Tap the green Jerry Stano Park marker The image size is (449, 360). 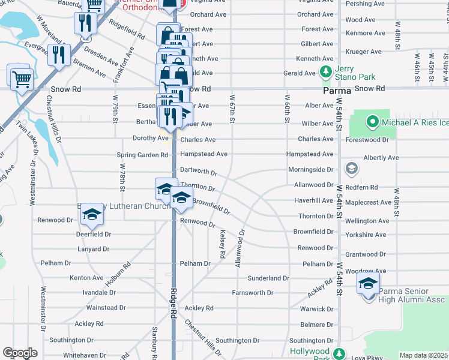point(326,72)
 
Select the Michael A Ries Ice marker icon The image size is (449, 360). point(372,124)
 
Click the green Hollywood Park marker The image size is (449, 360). point(339,355)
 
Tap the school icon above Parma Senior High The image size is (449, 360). point(369,283)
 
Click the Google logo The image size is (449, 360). point(20,353)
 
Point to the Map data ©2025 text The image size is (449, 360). point(424,355)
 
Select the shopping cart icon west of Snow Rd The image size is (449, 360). point(22,78)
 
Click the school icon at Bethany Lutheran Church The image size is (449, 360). point(91,215)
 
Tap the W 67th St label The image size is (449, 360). point(232,106)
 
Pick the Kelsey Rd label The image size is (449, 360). point(222,244)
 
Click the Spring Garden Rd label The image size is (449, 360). point(142,155)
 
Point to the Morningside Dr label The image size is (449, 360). point(310,170)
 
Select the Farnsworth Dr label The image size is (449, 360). point(253,293)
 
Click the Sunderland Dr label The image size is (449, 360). point(269,278)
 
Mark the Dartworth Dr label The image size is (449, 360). point(199,172)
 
